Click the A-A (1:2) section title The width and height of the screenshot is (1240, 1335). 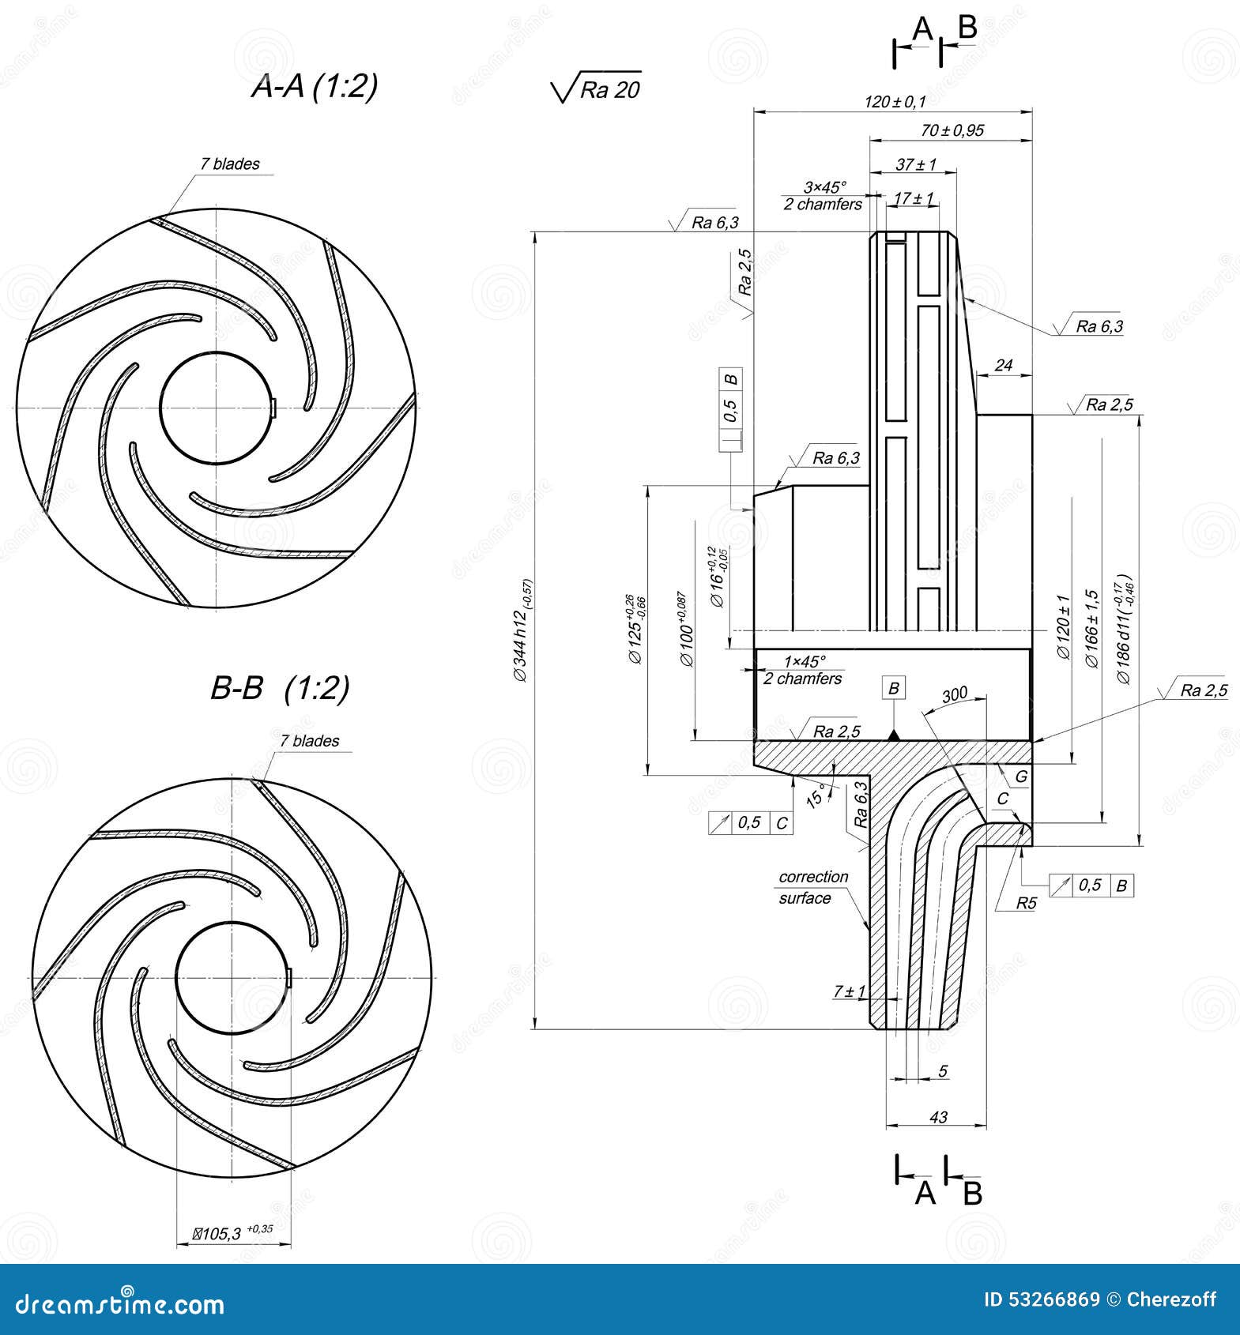tap(315, 85)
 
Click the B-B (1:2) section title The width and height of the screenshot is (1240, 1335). tap(280, 688)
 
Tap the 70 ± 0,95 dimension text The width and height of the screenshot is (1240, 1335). tap(952, 130)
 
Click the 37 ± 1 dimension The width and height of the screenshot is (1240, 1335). tap(916, 164)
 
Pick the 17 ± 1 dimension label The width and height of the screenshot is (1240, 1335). tap(914, 198)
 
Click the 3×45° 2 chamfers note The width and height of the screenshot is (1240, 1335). tap(823, 196)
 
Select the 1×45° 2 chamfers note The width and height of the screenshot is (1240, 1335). tap(803, 670)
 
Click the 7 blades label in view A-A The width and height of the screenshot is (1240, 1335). tap(229, 164)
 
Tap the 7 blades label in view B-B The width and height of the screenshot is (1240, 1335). tap(309, 741)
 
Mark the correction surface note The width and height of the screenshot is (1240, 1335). tap(812, 887)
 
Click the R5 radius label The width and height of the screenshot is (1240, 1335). tap(1025, 904)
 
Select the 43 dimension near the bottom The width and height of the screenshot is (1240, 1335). tap(938, 1117)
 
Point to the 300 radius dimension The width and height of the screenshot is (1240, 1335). tap(955, 694)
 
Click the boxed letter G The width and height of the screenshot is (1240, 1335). tap(1021, 777)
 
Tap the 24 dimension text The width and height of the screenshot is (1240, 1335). tap(1003, 365)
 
